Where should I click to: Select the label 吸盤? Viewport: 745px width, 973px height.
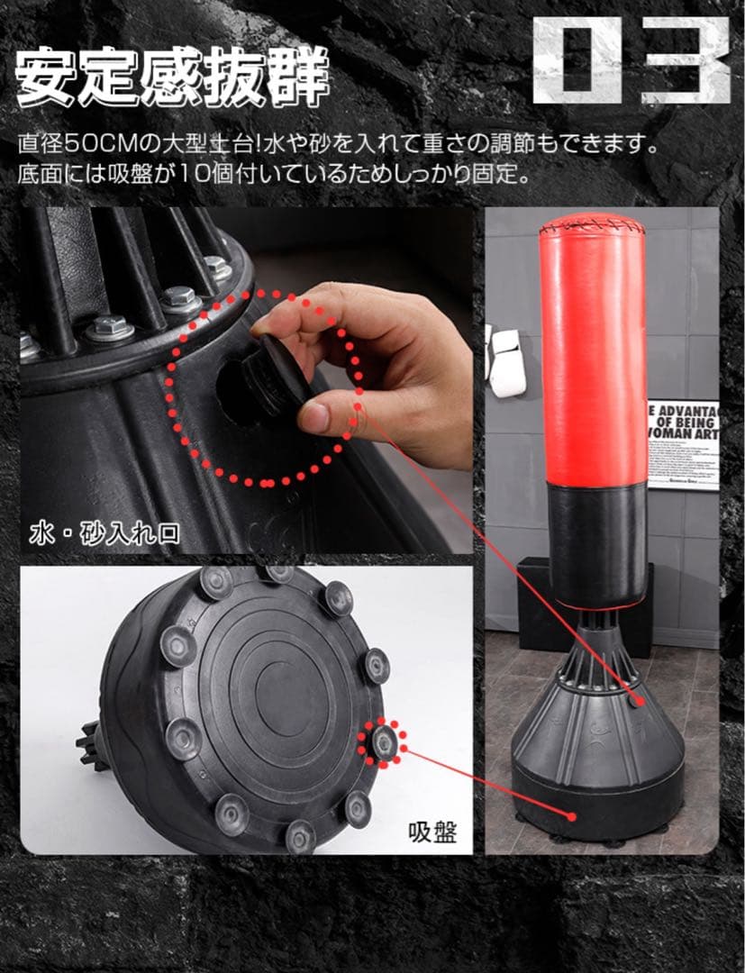(x=429, y=831)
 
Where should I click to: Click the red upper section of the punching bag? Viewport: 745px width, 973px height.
(x=594, y=360)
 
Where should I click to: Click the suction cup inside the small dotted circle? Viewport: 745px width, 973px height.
(x=384, y=741)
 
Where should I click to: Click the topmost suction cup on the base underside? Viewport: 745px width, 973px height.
(x=277, y=574)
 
